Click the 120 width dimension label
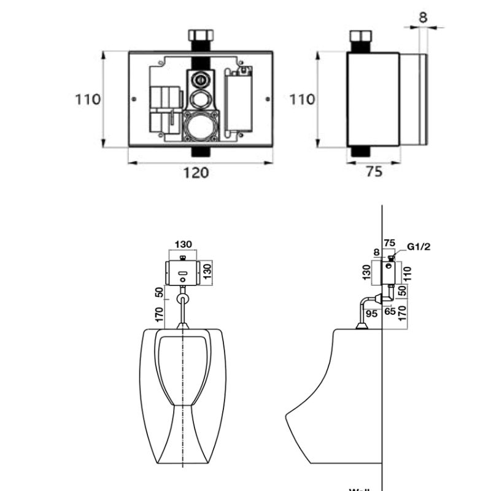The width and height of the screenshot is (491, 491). click(197, 172)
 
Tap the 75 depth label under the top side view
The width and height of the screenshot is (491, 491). click(373, 172)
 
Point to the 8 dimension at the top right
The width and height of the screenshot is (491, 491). click(423, 17)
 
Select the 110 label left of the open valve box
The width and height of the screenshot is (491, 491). click(88, 99)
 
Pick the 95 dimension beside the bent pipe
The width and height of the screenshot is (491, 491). click(371, 314)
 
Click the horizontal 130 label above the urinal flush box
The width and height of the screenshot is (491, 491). click(184, 244)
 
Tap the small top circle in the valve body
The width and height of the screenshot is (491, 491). click(199, 80)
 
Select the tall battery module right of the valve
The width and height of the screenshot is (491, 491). click(238, 101)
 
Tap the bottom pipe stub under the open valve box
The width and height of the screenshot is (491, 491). click(199, 152)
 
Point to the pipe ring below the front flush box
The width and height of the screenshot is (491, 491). click(184, 299)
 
